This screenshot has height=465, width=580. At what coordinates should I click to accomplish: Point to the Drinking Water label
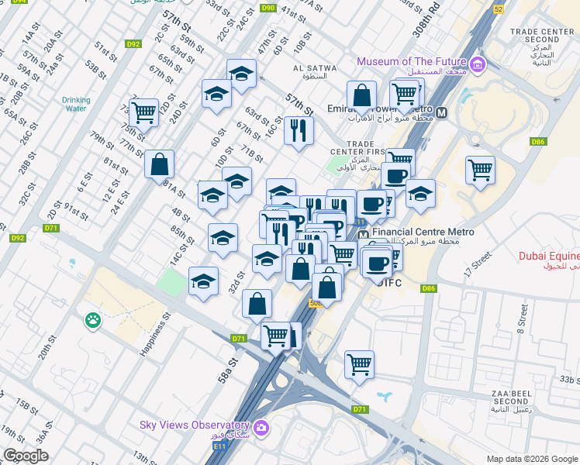tap(76, 104)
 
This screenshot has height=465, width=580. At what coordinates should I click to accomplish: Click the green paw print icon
tap(94, 319)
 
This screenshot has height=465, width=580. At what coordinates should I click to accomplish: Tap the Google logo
tap(26, 456)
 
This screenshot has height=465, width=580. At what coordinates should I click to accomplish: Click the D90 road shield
tap(268, 8)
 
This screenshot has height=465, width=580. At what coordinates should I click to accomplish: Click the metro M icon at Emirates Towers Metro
tap(442, 112)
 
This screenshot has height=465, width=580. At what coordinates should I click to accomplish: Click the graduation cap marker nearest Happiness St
tap(204, 282)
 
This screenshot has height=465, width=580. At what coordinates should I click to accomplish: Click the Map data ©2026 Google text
tap(531, 459)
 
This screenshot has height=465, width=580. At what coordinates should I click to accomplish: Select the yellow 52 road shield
tap(498, 8)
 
